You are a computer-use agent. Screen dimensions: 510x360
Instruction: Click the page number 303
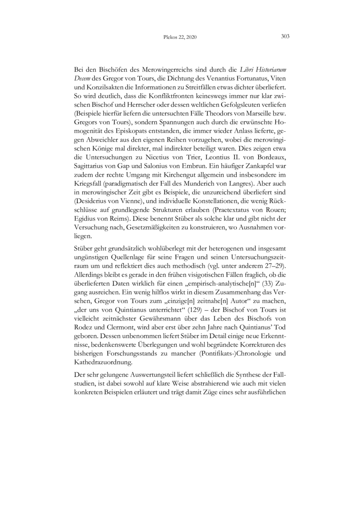pos(284,37)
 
